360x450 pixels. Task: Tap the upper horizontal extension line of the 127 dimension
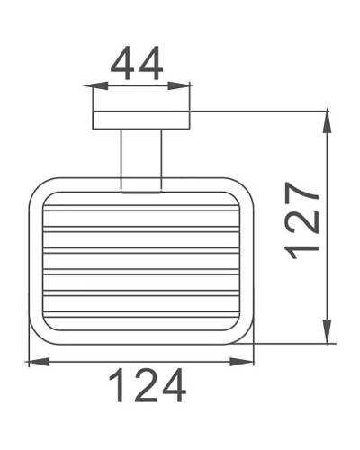(x=261, y=112)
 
